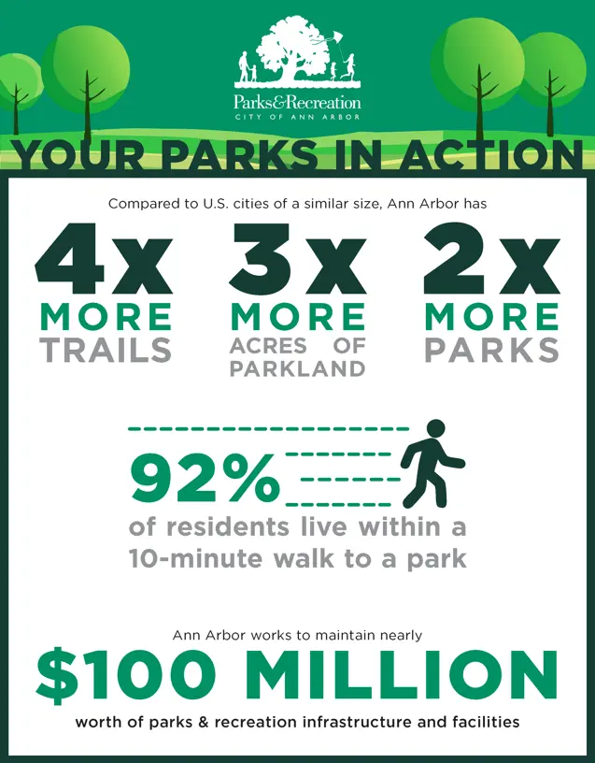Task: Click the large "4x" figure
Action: coord(104,259)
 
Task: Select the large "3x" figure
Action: coord(297,259)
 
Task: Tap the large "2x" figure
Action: coord(492,259)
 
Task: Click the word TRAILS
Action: coord(106,350)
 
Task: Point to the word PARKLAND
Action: coord(297,368)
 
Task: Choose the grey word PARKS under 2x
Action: coord(492,350)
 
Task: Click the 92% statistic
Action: coord(205,479)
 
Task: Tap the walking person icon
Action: coord(432,463)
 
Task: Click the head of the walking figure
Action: coord(435,429)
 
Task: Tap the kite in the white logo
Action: coord(331,39)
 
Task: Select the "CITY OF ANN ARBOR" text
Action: coord(297,117)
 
